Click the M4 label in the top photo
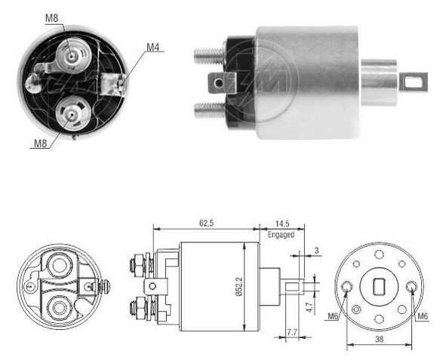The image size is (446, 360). click(x=152, y=48)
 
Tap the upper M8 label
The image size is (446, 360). click(x=51, y=18)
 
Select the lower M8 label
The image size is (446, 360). click(x=40, y=143)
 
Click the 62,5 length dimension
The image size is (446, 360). click(x=206, y=223)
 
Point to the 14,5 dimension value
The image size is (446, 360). click(x=282, y=223)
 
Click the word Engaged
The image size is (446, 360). click(x=281, y=235)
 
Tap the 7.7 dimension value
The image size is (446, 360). click(x=292, y=332)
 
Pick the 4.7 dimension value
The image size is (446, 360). click(x=309, y=307)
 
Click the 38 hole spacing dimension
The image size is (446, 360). click(x=380, y=339)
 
